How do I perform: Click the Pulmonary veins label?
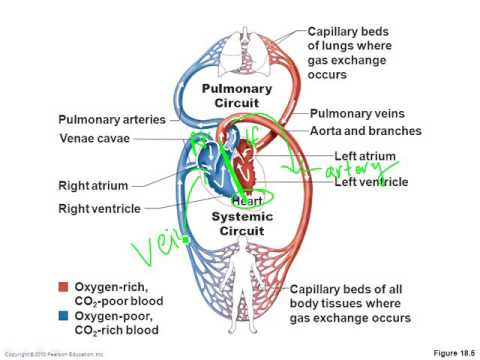pos(357,115)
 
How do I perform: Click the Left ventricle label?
pos(373,181)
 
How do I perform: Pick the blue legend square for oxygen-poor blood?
pos(64,315)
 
